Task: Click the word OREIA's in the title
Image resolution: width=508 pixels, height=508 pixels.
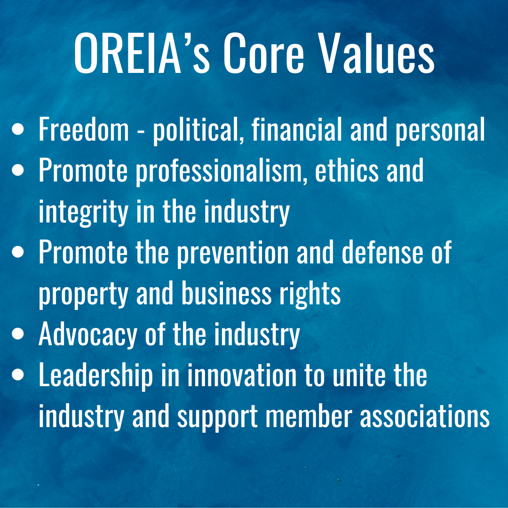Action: [142, 54]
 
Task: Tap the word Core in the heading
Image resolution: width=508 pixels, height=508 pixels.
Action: [263, 54]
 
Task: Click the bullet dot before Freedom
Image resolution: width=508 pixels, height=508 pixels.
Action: [18, 128]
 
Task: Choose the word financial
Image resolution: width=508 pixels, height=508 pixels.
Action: [296, 128]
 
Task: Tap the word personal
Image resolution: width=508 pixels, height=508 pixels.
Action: [440, 130]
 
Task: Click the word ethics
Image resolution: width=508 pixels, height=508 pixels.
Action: [347, 170]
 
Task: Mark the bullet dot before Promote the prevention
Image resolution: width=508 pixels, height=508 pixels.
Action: [18, 252]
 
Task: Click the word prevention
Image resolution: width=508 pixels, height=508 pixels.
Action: [233, 254]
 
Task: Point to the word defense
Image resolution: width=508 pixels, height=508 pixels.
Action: [382, 252]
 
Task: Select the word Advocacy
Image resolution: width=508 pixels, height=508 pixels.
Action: [88, 335]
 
